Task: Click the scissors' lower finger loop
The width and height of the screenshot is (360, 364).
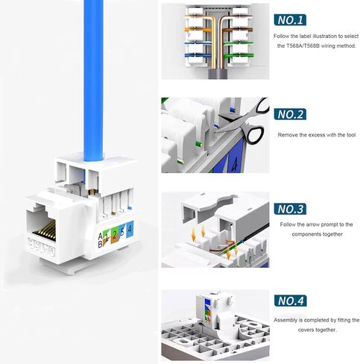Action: click(x=254, y=135)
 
